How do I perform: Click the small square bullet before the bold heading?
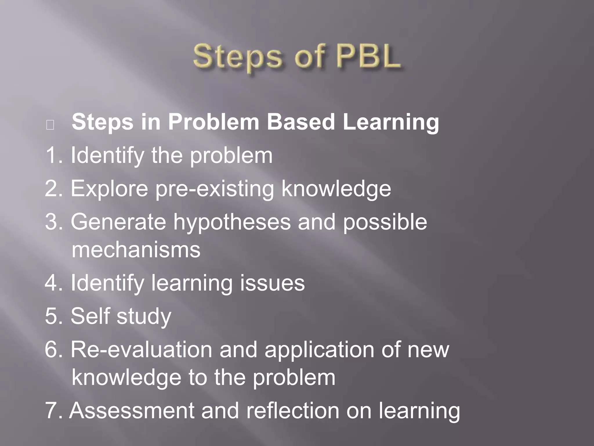(x=50, y=125)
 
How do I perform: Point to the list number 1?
(x=52, y=155)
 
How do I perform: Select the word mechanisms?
(x=136, y=250)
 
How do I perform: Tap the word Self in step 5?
(x=90, y=316)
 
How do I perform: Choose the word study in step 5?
(x=144, y=316)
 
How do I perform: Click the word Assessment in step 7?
(x=132, y=411)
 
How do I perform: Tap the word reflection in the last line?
(x=292, y=411)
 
